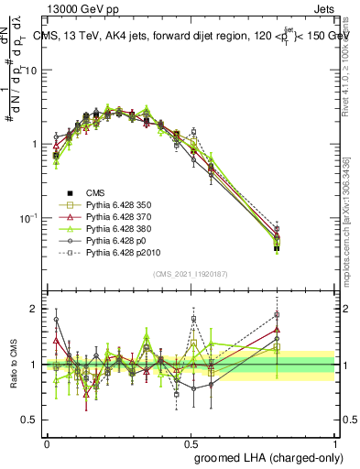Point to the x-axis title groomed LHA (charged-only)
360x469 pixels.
coord(277,456)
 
